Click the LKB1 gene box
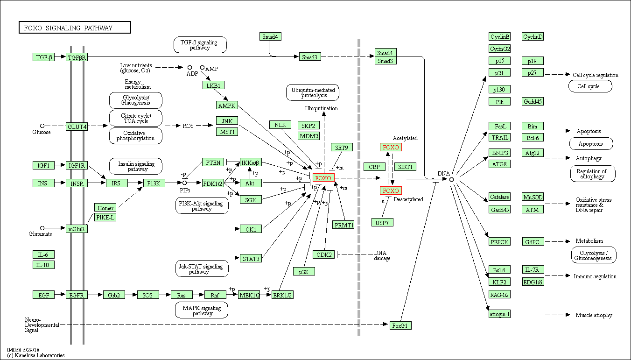point(214,85)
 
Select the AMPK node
point(227,105)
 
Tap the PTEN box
point(213,162)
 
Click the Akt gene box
point(251,183)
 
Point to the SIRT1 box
point(405,167)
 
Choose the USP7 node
point(382,223)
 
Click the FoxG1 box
point(400,325)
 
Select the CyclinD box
point(533,37)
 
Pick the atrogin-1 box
point(499,314)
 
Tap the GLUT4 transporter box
point(77,127)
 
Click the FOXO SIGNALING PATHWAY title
point(74,28)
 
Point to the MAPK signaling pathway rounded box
point(202,310)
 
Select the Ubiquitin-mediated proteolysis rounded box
point(312,92)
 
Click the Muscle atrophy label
point(594,315)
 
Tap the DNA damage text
point(382,255)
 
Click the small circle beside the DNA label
point(451,179)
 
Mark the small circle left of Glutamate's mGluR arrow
point(42,228)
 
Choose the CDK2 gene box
point(324,254)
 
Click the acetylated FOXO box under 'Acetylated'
point(391,148)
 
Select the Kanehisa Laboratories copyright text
point(36,355)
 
